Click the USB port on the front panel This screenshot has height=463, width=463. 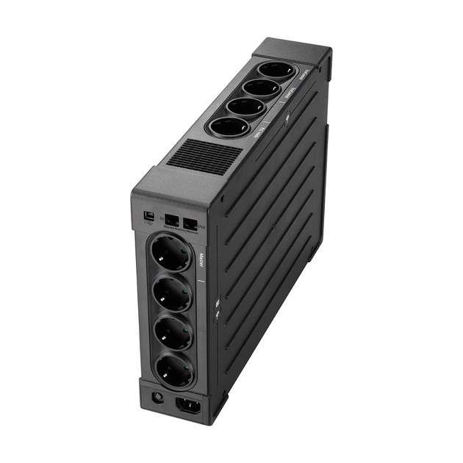click(x=148, y=217)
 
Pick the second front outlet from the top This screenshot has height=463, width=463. click(x=172, y=293)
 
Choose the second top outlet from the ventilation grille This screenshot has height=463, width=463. click(x=245, y=107)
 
